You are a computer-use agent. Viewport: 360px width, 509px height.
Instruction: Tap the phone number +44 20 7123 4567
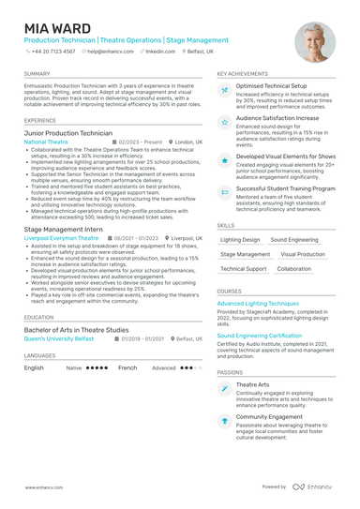[52, 52]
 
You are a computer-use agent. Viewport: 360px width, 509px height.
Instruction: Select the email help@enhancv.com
[111, 52]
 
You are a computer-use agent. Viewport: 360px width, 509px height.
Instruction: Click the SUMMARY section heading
[37, 73]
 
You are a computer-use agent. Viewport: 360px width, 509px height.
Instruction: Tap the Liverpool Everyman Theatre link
[60, 238]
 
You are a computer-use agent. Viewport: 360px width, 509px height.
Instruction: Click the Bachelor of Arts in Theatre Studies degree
[76, 330]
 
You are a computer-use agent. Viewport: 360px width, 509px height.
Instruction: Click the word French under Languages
[127, 368]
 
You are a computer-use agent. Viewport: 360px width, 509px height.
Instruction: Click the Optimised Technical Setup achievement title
[271, 86]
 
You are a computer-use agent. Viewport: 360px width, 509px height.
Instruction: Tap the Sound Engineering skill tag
[293, 240]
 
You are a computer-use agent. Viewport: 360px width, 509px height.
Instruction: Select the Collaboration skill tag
[294, 268]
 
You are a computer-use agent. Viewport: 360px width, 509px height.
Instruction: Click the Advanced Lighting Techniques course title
[258, 304]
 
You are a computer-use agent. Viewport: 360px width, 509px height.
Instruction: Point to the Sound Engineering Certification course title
[259, 335]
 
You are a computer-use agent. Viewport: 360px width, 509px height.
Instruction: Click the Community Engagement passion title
[270, 416]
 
